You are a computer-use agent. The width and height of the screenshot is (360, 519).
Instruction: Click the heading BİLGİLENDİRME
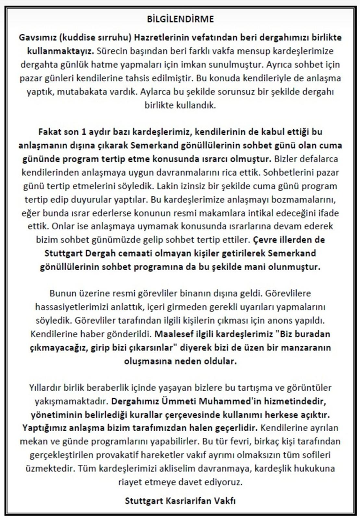(180, 19)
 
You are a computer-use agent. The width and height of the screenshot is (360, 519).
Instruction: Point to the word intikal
(245, 203)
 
